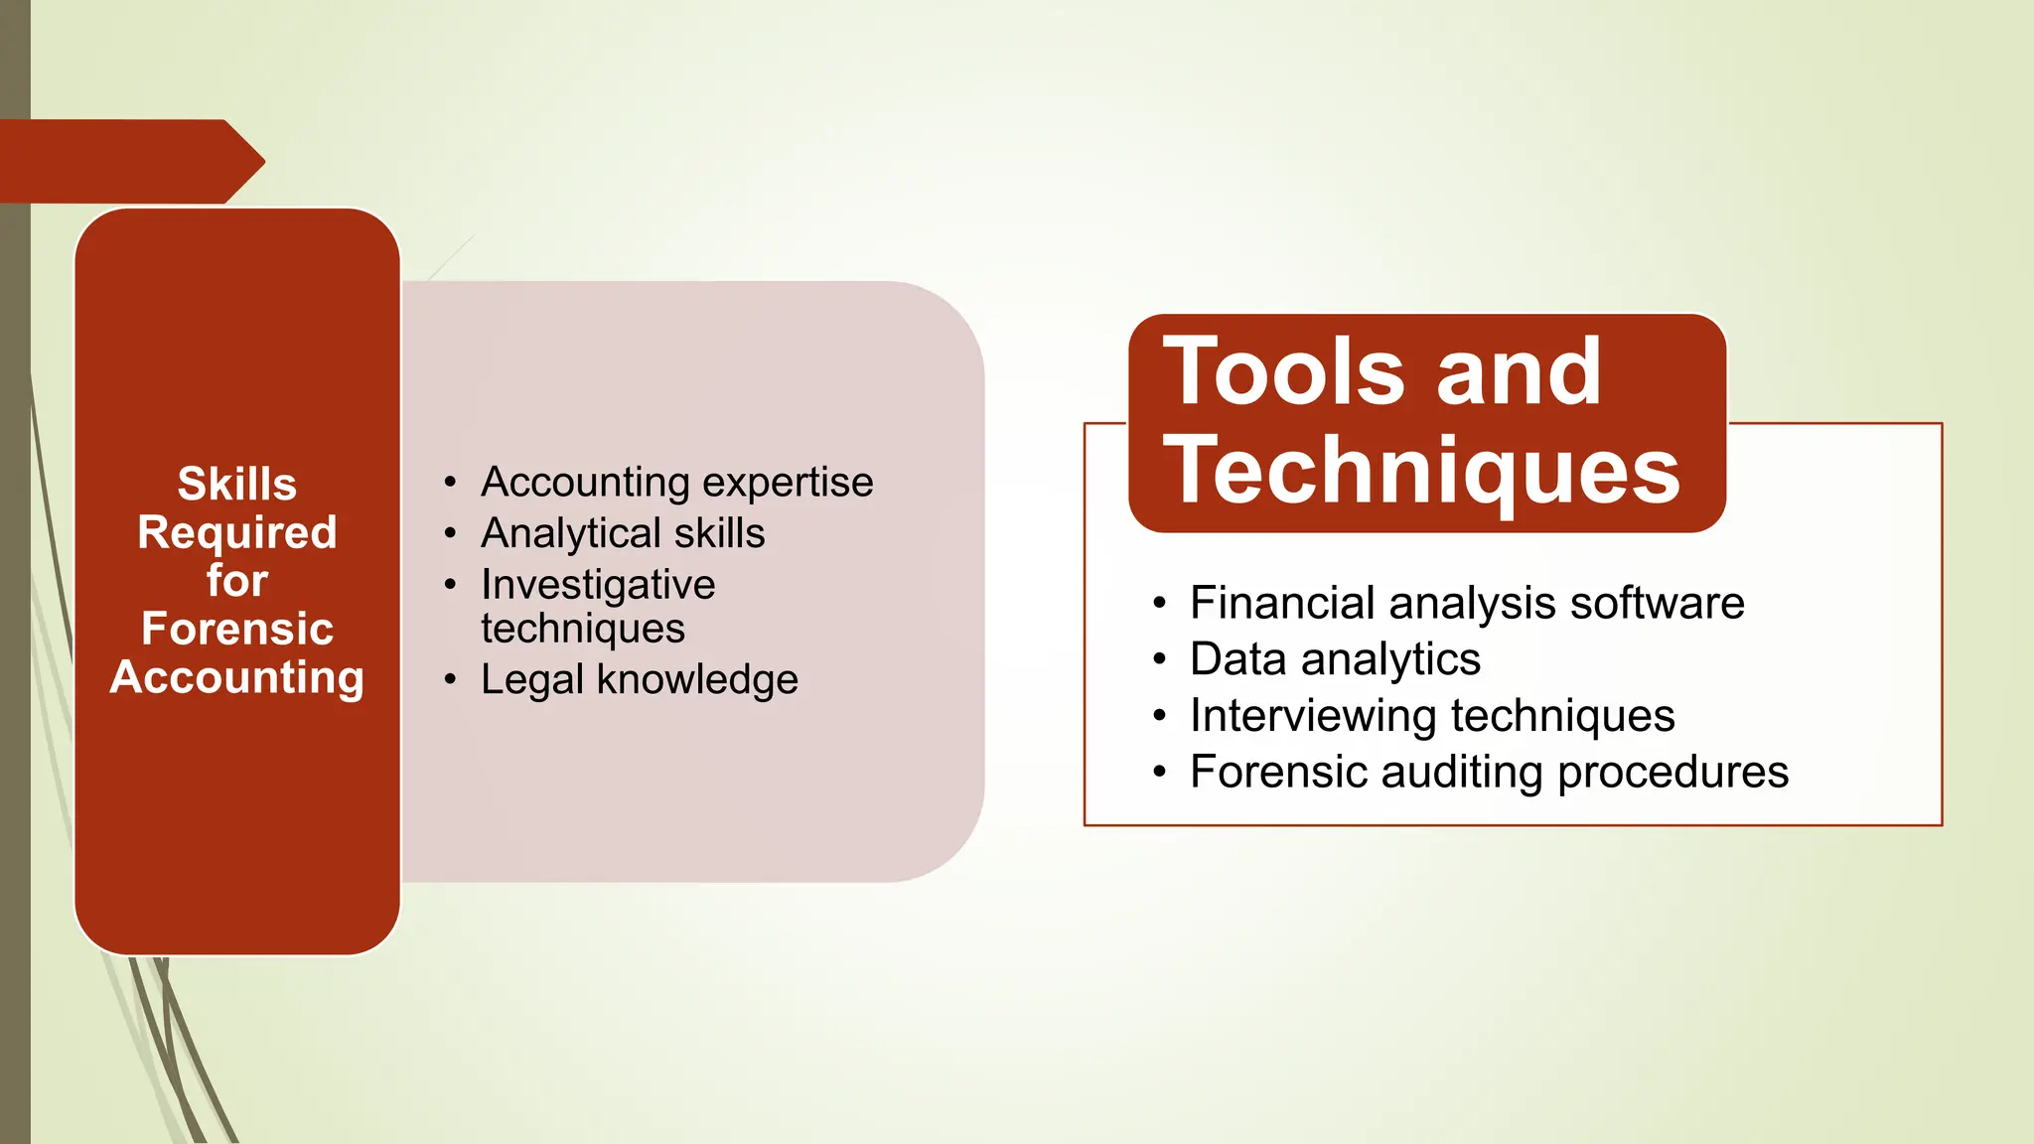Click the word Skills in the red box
tap(236, 485)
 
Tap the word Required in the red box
tap(236, 533)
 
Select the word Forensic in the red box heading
tap(236, 629)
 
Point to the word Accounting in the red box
tap(236, 677)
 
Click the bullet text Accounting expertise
tap(676, 483)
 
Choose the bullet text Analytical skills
tap(623, 533)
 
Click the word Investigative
tap(598, 584)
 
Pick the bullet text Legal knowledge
tap(639, 679)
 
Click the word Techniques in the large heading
tap(1422, 471)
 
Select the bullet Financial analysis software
tap(1467, 603)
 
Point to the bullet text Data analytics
tap(1335, 659)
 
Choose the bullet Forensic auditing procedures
tap(1489, 773)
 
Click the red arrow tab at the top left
tap(129, 161)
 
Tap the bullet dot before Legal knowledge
tap(451, 680)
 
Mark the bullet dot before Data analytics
tap(1159, 660)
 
